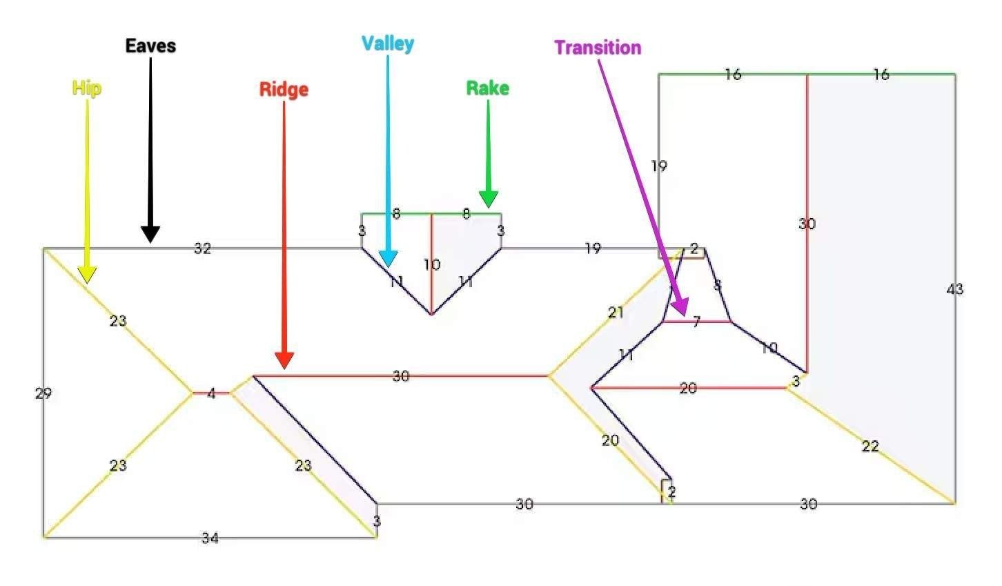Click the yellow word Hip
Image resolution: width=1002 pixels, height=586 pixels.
(87, 88)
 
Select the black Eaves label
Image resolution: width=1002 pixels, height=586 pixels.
(150, 46)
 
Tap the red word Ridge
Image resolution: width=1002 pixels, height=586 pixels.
(284, 90)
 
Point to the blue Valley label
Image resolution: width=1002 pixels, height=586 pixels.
(388, 43)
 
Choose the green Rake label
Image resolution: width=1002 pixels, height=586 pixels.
(488, 88)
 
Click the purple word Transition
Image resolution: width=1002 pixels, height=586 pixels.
(598, 48)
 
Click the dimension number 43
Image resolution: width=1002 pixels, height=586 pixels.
(954, 289)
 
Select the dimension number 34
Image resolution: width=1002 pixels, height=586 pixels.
(210, 538)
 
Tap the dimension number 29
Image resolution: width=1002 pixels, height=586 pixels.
(43, 393)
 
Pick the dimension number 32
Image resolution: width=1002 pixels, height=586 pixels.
(202, 248)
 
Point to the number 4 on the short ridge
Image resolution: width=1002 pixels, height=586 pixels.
(211, 393)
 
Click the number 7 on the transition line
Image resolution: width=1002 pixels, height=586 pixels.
(696, 322)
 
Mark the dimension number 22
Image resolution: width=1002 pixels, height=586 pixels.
(870, 447)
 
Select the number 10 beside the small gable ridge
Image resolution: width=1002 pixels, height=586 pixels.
(432, 264)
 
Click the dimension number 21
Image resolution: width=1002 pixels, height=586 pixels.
(616, 313)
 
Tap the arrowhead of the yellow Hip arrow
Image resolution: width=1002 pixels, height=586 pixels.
(87, 276)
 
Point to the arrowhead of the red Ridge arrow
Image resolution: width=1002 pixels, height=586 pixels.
(284, 361)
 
